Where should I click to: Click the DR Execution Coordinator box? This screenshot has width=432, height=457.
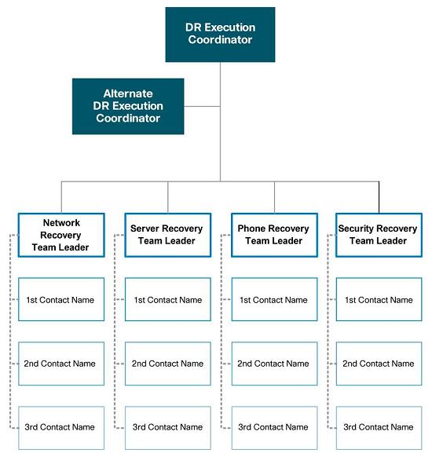(220, 35)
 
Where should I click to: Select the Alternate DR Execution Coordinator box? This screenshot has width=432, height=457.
(128, 106)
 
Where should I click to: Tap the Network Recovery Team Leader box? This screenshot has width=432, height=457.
(61, 236)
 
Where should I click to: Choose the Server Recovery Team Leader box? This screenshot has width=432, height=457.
(168, 236)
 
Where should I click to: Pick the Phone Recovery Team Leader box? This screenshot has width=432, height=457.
(274, 236)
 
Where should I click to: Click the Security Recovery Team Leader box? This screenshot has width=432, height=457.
(379, 236)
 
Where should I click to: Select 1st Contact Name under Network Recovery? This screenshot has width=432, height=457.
(61, 299)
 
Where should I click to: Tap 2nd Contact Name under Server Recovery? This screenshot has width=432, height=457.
(168, 364)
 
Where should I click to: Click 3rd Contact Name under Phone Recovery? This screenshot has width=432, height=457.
(274, 428)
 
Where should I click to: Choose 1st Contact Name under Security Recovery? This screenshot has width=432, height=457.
(379, 299)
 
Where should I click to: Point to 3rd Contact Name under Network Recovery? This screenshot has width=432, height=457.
(61, 428)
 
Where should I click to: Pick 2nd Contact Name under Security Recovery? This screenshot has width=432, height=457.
(379, 364)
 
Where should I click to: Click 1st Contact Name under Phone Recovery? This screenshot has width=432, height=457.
(274, 299)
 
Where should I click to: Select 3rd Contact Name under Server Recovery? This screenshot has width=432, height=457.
(168, 428)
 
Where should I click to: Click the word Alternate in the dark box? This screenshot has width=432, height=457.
(128, 93)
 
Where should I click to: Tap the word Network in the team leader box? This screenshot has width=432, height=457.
(61, 223)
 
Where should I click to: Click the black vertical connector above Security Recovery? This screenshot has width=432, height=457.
(379, 197)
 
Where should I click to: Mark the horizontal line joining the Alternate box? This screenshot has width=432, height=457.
(202, 106)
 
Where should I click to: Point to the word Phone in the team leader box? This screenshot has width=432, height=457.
(251, 228)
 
